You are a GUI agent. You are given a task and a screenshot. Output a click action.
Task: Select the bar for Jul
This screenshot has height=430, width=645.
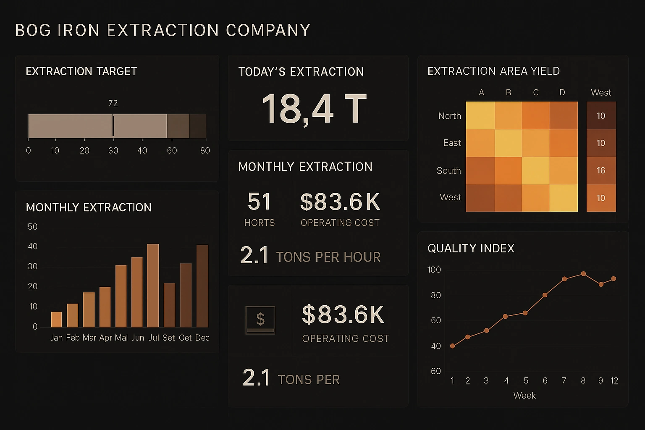153,286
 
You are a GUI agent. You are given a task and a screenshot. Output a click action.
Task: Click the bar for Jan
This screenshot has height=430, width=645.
56,320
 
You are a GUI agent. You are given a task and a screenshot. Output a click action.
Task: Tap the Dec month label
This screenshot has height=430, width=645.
202,338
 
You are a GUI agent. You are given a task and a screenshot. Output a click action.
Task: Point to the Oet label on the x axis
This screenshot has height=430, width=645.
185,338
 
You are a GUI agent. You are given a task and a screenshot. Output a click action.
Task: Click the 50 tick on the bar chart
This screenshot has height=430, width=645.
32,227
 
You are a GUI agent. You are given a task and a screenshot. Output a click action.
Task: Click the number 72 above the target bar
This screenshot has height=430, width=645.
113,103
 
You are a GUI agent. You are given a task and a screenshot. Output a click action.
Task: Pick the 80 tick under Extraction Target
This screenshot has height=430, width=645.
205,151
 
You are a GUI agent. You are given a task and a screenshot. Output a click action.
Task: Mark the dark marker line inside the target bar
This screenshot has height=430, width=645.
113,126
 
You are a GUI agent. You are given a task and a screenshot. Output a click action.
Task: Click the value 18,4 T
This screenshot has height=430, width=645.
314,109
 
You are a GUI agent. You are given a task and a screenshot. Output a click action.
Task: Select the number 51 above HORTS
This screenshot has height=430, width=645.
259,202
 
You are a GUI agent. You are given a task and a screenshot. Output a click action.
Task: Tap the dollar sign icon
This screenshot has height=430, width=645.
260,320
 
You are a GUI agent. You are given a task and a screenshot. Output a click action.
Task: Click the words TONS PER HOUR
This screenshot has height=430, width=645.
328,257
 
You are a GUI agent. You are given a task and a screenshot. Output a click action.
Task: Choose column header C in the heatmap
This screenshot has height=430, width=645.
536,92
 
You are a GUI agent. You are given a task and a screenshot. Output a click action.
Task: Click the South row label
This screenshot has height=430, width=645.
448,170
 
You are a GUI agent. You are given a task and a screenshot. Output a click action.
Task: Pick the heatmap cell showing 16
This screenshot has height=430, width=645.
601,170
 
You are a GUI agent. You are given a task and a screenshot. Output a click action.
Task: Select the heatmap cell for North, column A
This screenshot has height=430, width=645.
480,115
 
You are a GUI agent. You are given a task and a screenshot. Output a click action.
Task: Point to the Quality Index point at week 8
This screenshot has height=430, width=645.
583,274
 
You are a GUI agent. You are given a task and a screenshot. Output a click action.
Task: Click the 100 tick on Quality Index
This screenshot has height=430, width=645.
434,270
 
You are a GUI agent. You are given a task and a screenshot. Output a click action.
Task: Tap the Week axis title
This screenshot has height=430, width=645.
524,396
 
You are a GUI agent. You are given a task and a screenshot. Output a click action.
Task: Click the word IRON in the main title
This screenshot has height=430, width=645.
79,30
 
